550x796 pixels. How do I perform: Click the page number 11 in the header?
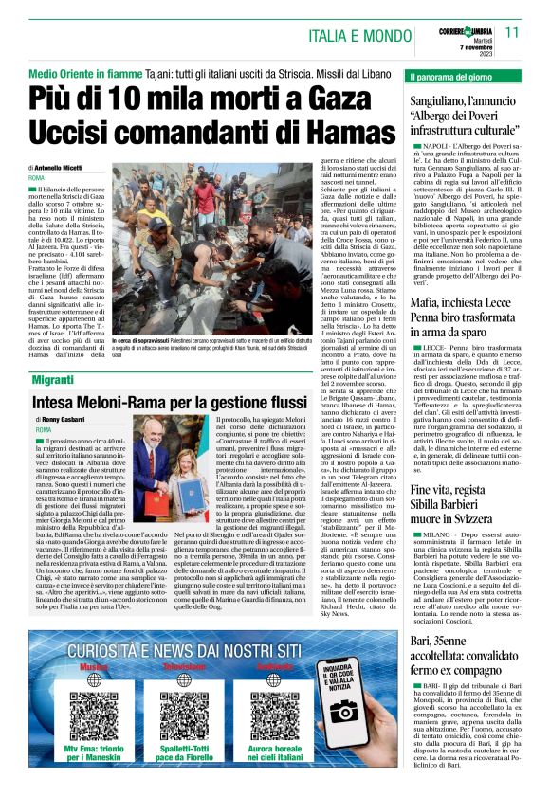point(512,32)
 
